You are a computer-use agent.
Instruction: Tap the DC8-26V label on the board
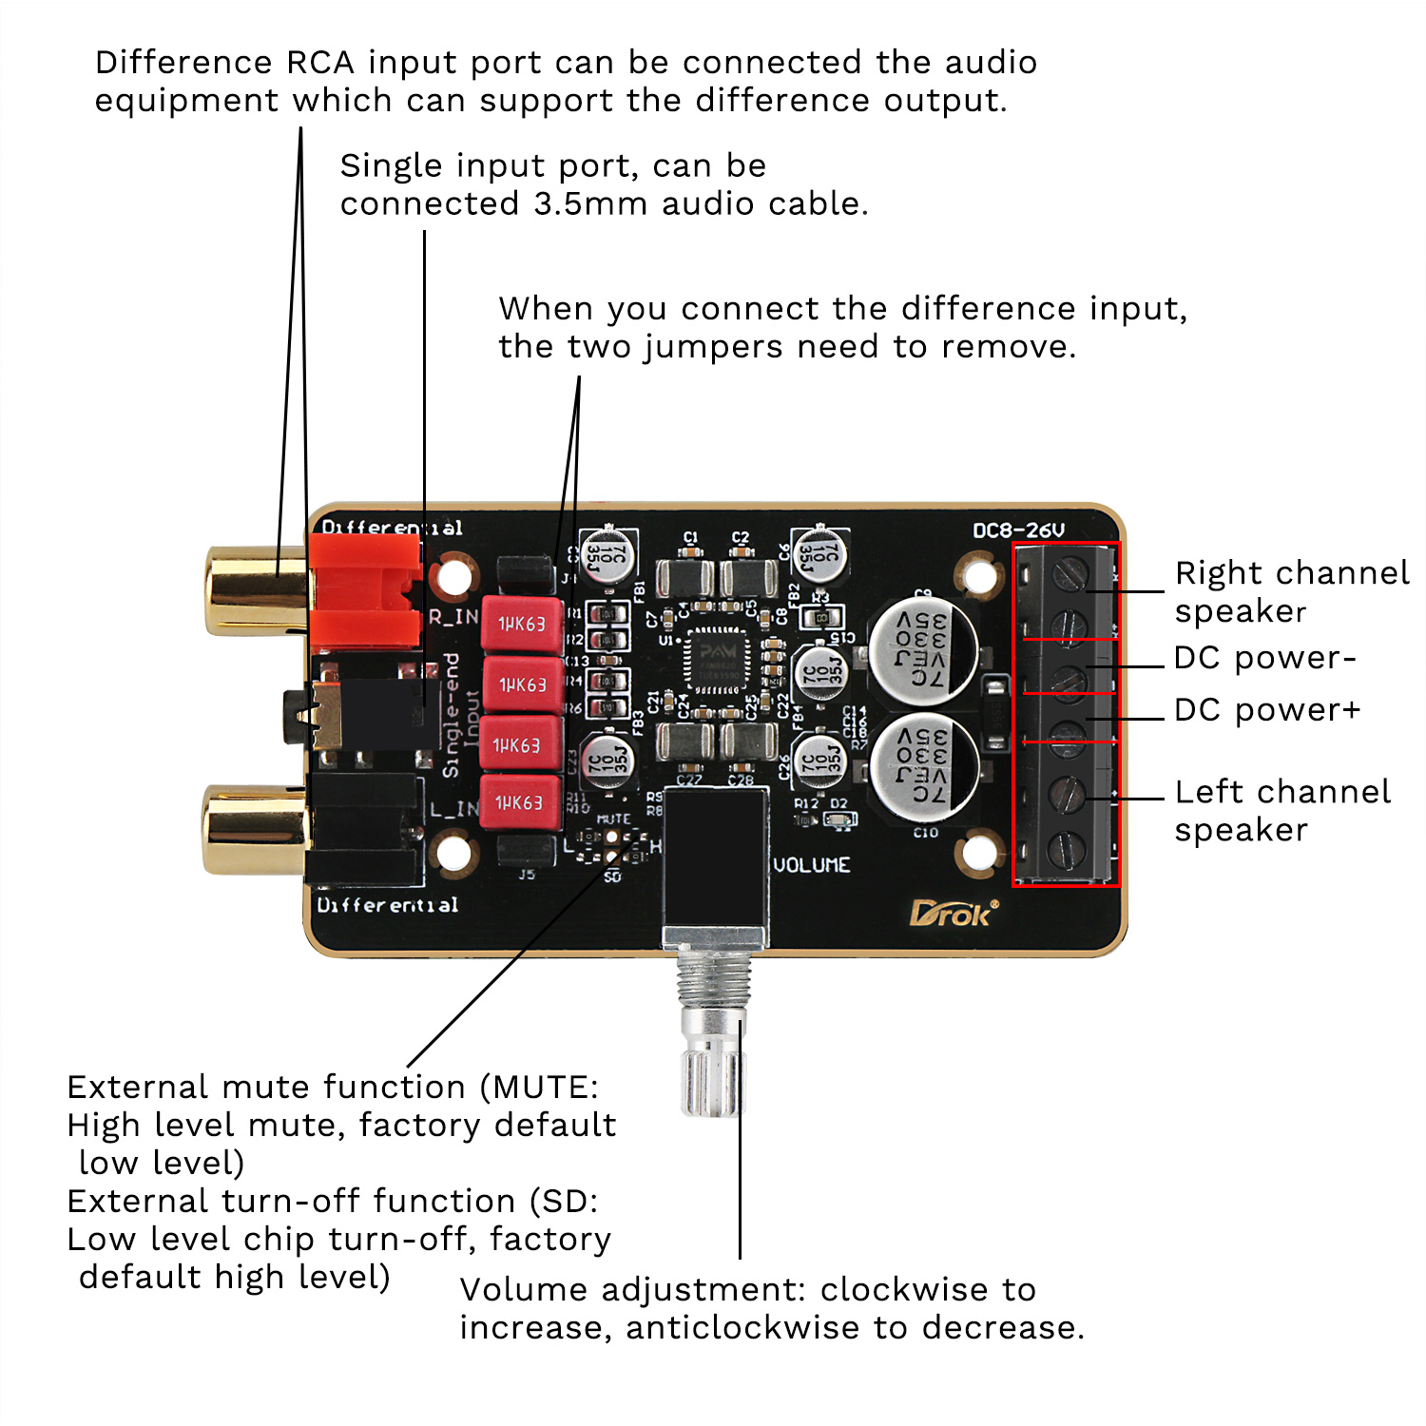[x=1018, y=530]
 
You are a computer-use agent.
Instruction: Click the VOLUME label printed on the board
[x=811, y=865]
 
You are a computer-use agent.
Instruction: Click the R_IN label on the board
[x=453, y=616]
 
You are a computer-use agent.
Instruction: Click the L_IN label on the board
[x=453, y=809]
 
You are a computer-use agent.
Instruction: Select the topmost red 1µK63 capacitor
[x=522, y=624]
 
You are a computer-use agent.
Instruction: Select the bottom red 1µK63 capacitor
[x=519, y=803]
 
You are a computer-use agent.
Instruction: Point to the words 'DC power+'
[x=1267, y=710]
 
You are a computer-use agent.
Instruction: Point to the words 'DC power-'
[x=1263, y=658]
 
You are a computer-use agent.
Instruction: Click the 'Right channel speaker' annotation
[x=1291, y=591]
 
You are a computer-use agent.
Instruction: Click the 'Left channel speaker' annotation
[x=1281, y=810]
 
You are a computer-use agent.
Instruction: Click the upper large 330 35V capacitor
[x=923, y=650]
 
